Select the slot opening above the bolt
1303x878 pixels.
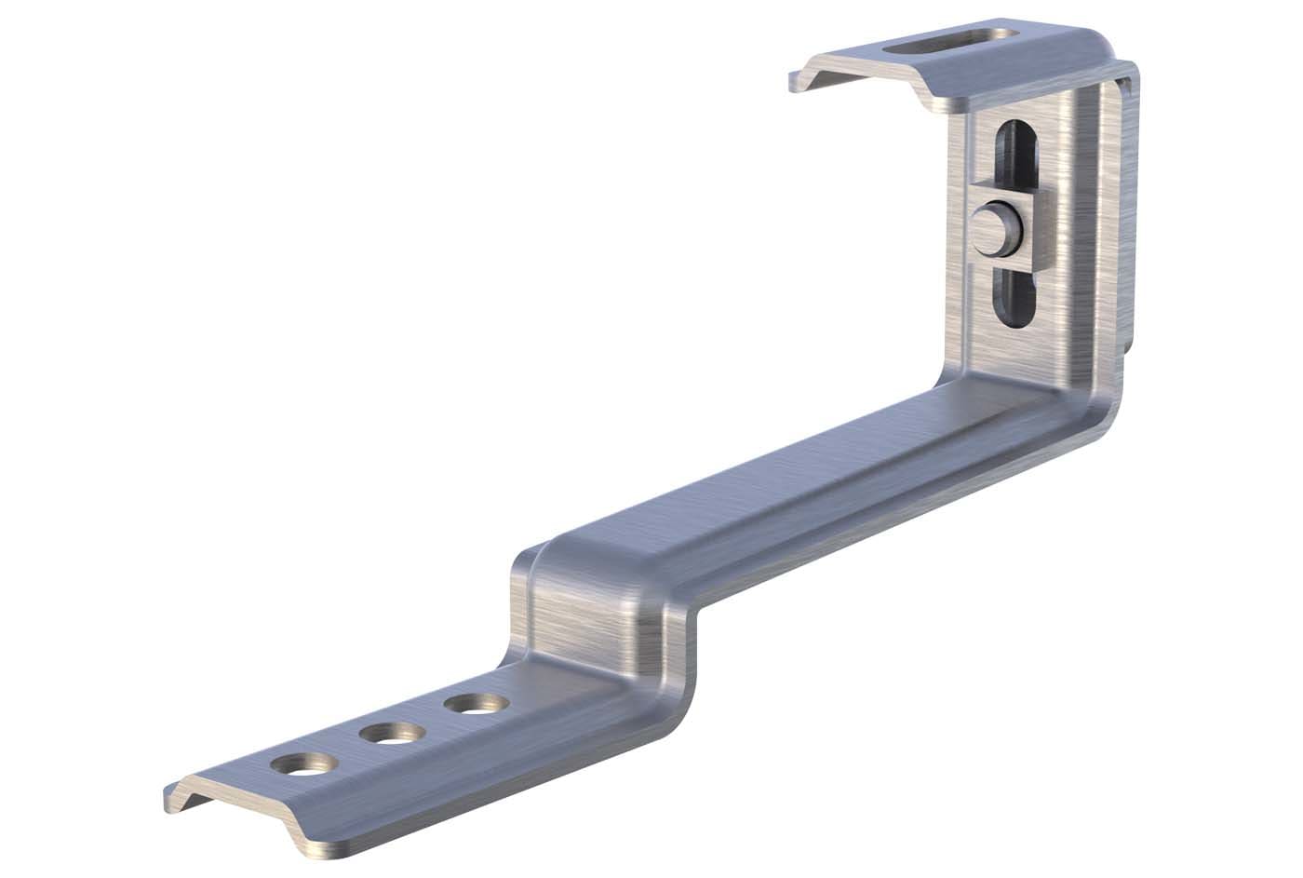tap(1011, 158)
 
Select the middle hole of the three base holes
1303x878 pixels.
tap(389, 734)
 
